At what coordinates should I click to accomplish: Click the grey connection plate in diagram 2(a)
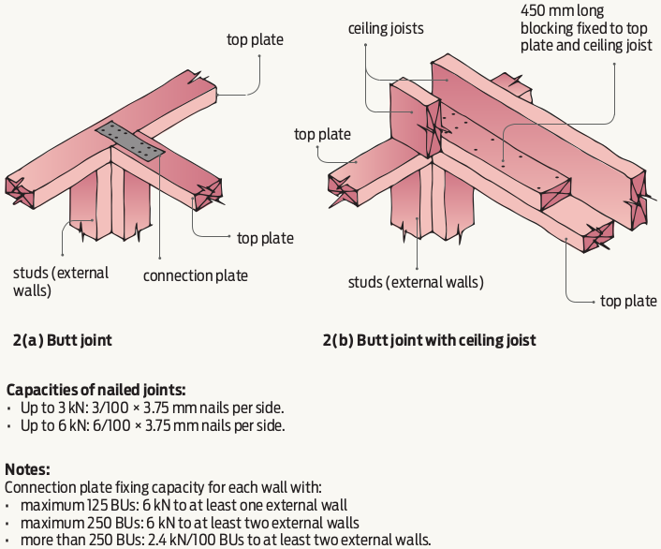coord(132,140)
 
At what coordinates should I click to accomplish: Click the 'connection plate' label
coord(195,275)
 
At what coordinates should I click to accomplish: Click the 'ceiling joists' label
coord(387,29)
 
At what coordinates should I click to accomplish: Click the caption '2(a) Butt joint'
coord(63,340)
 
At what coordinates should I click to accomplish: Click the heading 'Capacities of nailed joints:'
coord(95,390)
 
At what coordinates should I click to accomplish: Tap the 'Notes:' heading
coord(29,468)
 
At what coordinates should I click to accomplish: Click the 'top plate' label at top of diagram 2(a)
coord(255,39)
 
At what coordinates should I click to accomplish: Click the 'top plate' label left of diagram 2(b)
coord(322,134)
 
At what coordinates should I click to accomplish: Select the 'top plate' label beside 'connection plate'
coord(265,239)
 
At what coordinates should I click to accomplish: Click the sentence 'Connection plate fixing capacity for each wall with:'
coord(163,487)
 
